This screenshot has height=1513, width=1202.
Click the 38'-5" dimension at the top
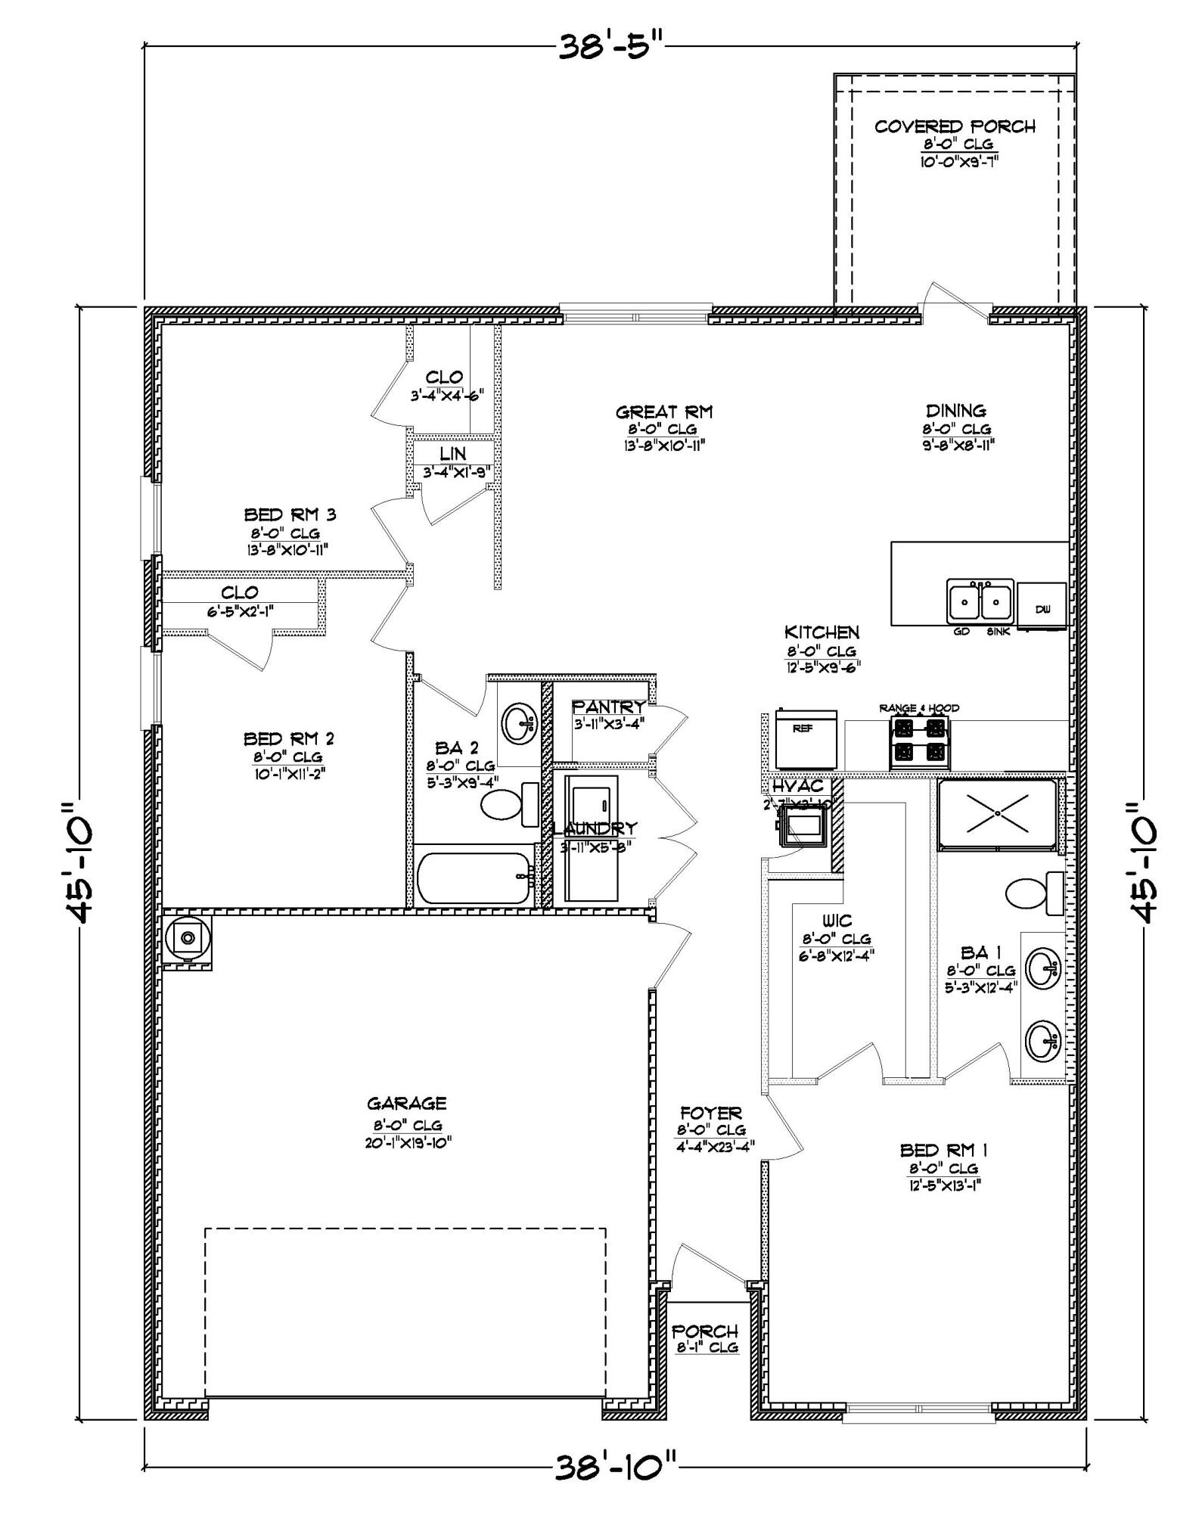(611, 47)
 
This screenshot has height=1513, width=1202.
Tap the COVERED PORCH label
(955, 127)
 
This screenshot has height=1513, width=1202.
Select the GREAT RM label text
(663, 412)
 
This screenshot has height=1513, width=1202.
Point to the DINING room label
(956, 411)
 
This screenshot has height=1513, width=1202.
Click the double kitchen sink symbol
(980, 602)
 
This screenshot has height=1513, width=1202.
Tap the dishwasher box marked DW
(1042, 607)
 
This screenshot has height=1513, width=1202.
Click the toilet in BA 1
(1033, 893)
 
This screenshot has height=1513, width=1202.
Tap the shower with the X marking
(997, 812)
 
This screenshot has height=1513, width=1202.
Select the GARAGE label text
(407, 1104)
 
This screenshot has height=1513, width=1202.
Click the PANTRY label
(609, 707)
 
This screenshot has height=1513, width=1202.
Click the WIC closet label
(837, 921)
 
